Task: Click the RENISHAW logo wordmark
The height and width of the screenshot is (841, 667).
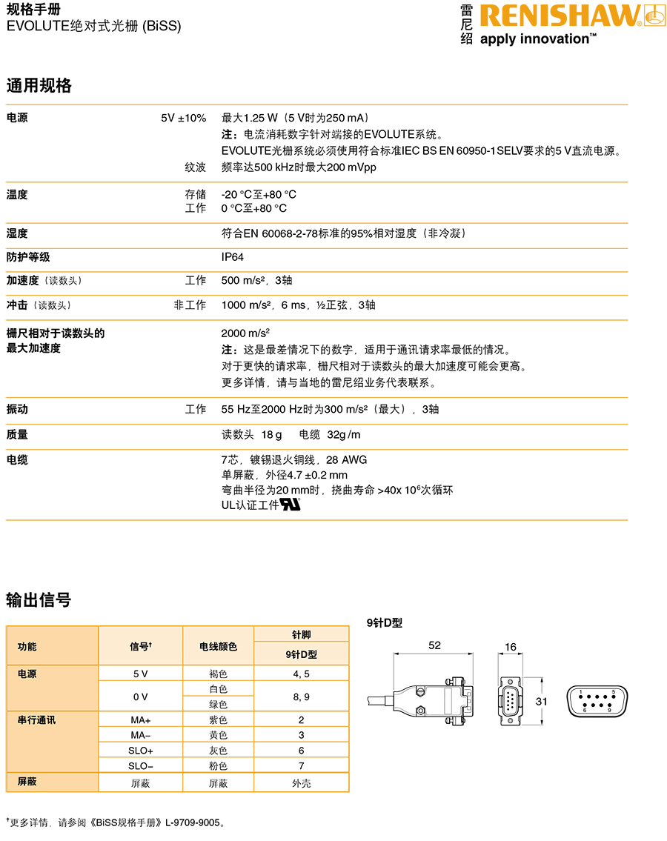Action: point(560,16)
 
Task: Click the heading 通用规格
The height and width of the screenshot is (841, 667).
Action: point(39,85)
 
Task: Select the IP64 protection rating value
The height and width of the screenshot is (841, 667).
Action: point(232,257)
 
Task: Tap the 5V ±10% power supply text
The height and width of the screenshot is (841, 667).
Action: point(183,118)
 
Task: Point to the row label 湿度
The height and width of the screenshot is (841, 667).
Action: point(17,233)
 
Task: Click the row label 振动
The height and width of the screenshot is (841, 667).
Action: point(17,409)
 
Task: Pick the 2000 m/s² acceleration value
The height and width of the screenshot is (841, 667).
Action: point(245,333)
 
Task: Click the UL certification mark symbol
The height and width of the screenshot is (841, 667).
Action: point(290,505)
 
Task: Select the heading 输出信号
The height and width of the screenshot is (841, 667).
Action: point(39,599)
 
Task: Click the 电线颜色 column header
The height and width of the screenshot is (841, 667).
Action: point(218,646)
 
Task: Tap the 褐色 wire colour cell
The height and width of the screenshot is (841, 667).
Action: point(218,674)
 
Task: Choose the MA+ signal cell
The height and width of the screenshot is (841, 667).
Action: point(140,720)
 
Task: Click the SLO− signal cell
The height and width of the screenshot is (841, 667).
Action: point(140,766)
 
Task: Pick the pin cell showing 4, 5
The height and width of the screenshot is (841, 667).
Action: point(301,674)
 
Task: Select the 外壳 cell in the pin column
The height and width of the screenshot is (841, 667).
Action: point(301,783)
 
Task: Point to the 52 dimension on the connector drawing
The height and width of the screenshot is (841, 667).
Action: point(434,645)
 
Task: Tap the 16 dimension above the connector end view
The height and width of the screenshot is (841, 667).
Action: point(510,647)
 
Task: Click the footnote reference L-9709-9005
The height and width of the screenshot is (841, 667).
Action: point(194,822)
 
